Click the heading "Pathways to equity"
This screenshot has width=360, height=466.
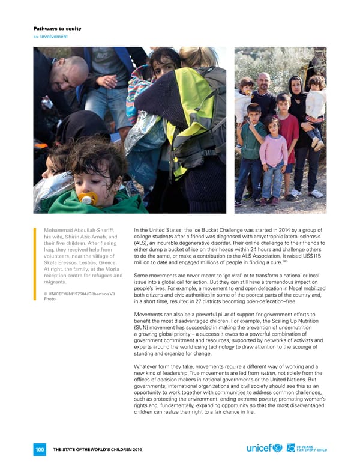(x=57, y=28)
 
